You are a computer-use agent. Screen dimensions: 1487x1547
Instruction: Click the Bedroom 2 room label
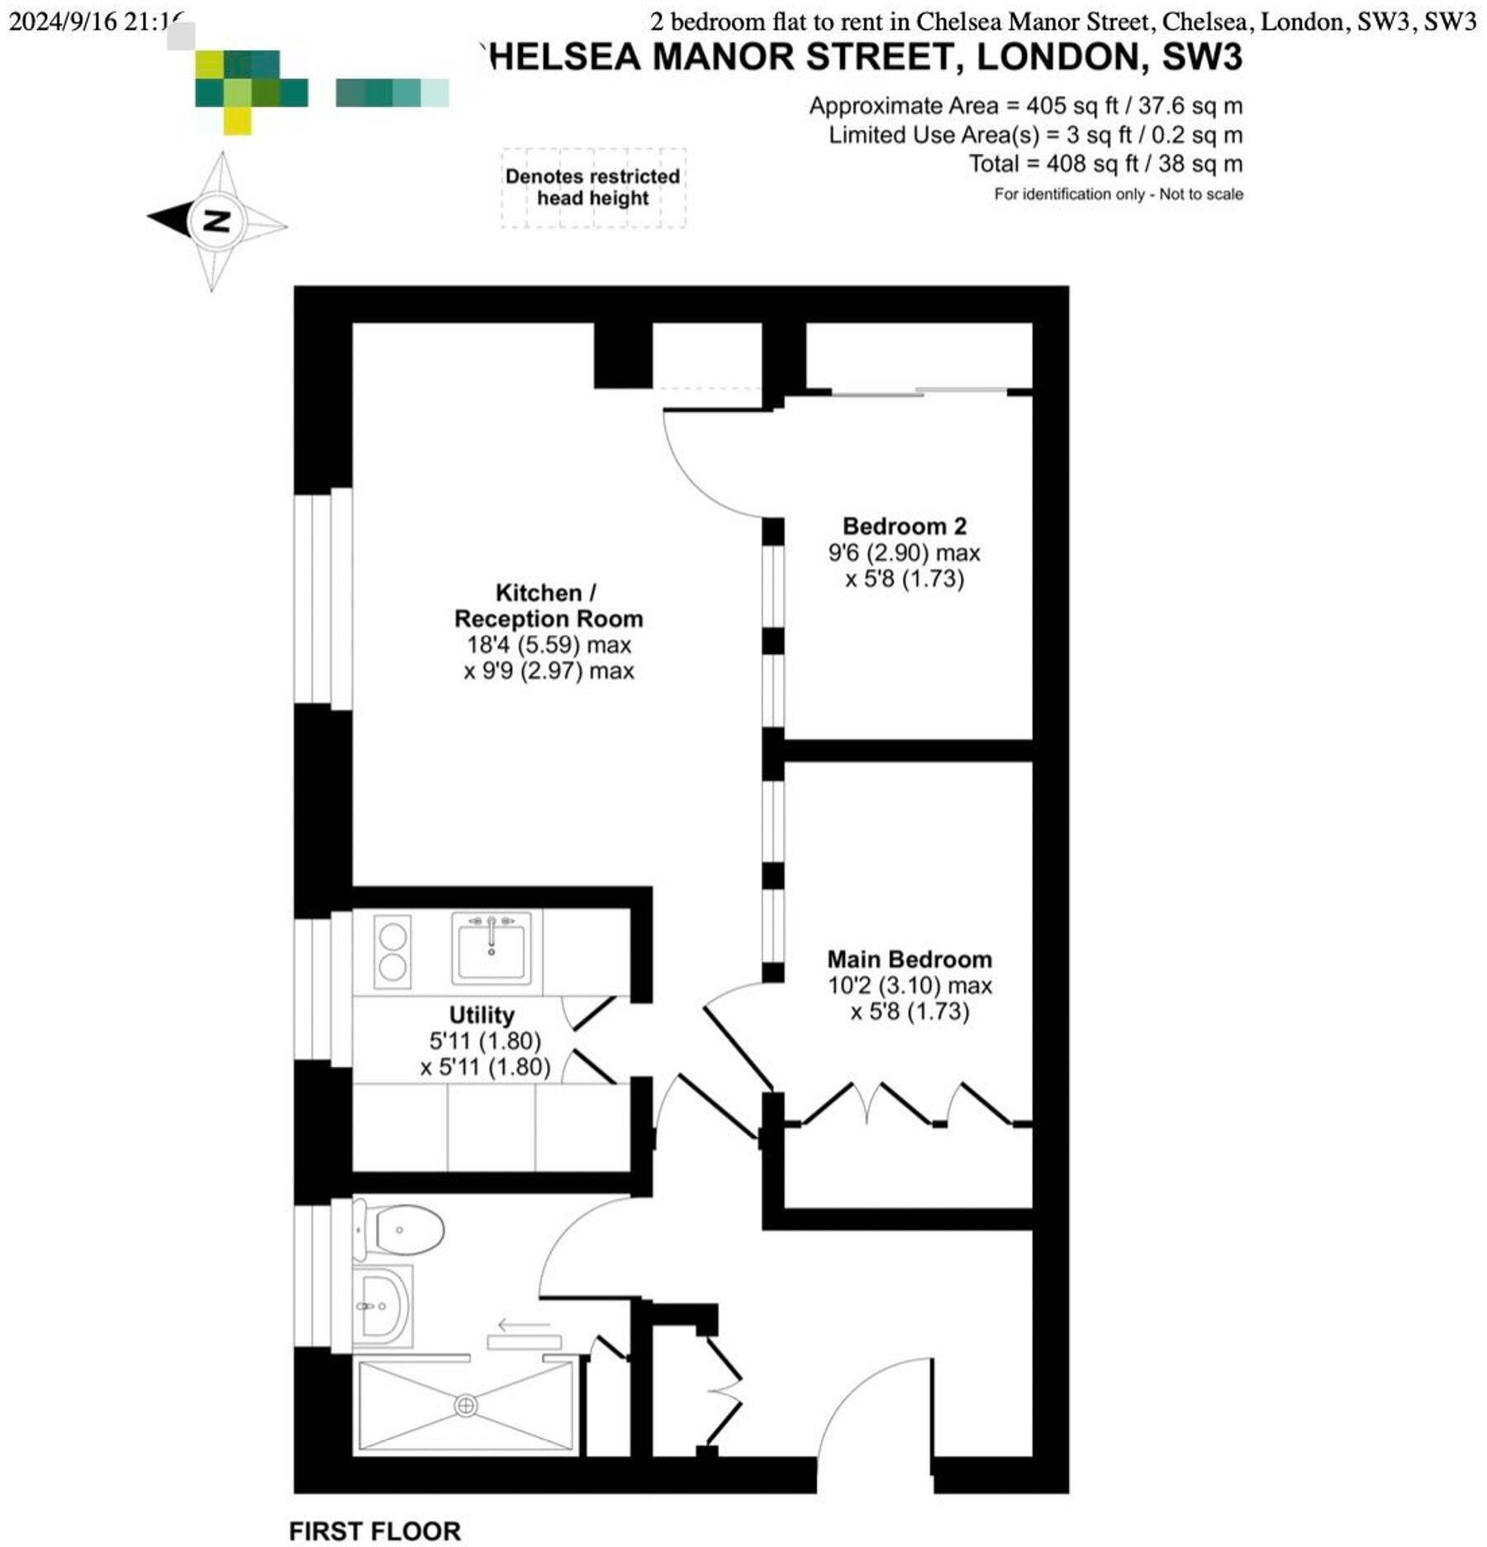coord(904,526)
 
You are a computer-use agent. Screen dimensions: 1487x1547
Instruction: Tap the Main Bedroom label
coord(910,959)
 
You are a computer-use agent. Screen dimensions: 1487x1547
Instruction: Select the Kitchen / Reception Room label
coord(548,606)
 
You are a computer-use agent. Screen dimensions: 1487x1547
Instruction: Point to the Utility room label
coord(482,1015)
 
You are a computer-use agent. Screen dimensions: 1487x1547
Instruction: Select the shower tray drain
coord(466,1405)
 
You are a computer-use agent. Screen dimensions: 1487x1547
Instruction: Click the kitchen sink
coord(491,948)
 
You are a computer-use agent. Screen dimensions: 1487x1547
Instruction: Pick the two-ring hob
coord(392,951)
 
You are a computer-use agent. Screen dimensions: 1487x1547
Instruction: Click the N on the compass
coord(216,221)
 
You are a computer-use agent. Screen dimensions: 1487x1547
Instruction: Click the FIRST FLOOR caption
coord(374,1530)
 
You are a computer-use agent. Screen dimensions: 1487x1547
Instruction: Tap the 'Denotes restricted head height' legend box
coord(592,188)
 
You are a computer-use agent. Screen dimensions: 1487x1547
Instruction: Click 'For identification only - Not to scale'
coord(1118,194)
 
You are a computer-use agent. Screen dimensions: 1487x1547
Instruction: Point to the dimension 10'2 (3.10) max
coord(910,985)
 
